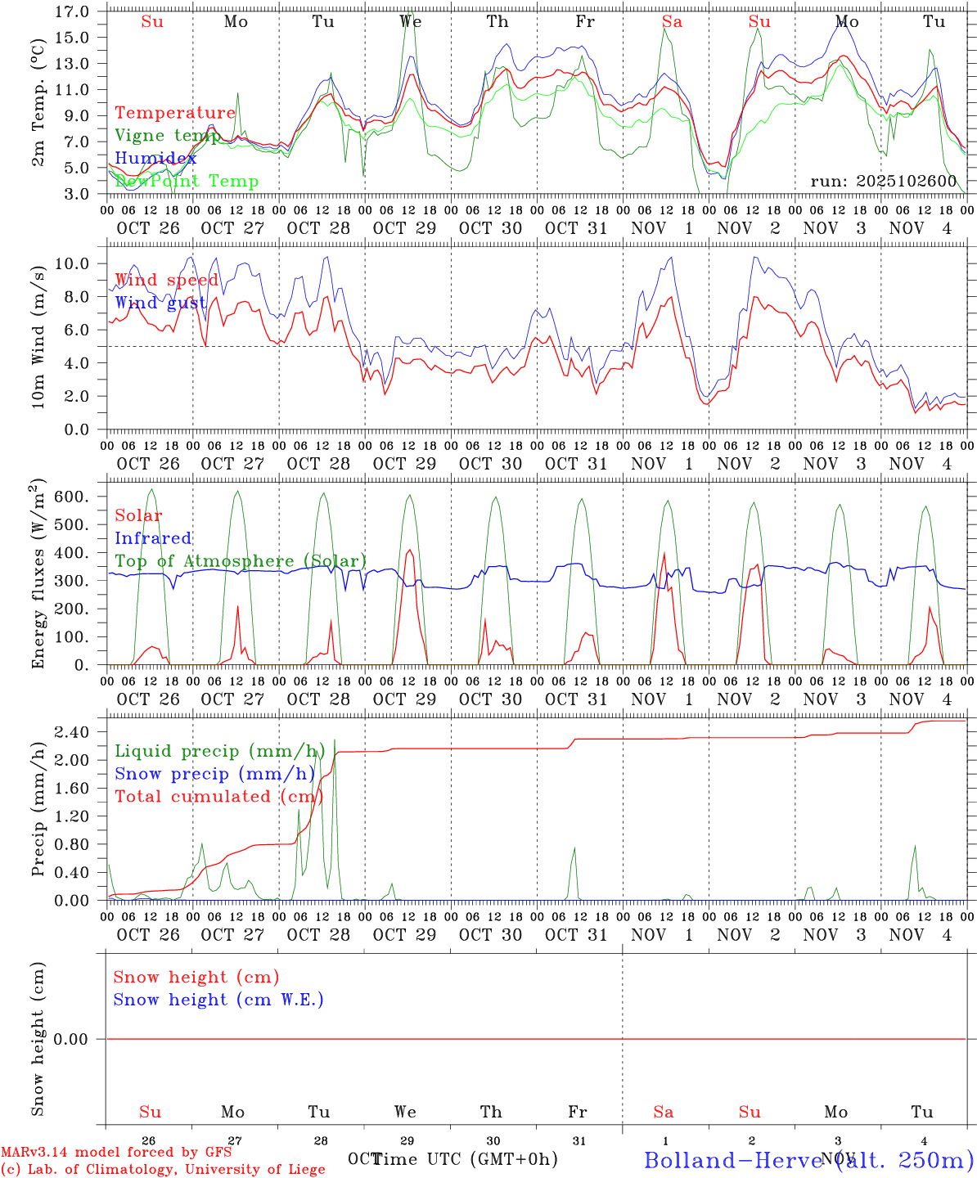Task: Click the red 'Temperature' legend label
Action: [x=174, y=113]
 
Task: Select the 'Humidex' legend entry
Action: [x=155, y=158]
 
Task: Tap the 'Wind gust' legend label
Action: [x=160, y=303]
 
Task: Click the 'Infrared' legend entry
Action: [x=153, y=538]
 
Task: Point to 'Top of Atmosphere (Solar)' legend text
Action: [x=241, y=561]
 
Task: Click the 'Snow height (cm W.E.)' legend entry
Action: [x=218, y=1000]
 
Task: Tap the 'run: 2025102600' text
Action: [x=883, y=181]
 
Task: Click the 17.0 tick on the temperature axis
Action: [x=74, y=11]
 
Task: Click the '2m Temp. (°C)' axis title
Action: [x=38, y=102]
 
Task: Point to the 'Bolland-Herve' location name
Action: [x=732, y=1159]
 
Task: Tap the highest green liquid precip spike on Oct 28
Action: [x=334, y=741]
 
